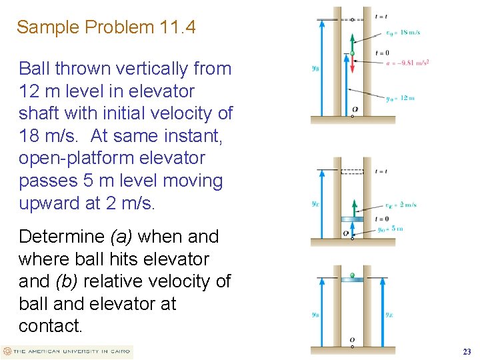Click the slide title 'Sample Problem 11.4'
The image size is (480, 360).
click(x=107, y=27)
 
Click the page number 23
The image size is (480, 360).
click(x=467, y=351)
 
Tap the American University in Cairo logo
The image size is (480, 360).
click(x=67, y=351)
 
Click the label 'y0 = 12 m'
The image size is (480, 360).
click(x=400, y=98)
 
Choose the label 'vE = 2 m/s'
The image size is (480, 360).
click(x=401, y=205)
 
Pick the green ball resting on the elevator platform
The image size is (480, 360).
click(x=352, y=275)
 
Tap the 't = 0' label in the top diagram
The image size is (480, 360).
click(x=382, y=53)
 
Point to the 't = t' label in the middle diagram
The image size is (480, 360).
click(x=381, y=171)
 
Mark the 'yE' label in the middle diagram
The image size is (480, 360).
click(x=314, y=204)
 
